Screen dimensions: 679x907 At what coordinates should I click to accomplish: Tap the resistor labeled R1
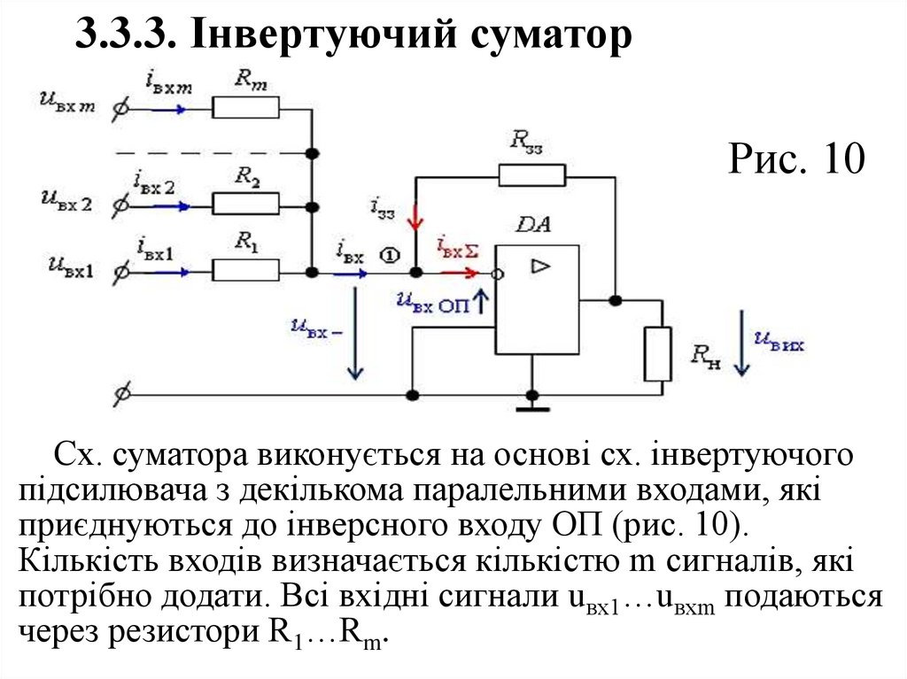pyautogui.click(x=245, y=270)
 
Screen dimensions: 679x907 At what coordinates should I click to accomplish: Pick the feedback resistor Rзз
pyautogui.click(x=531, y=175)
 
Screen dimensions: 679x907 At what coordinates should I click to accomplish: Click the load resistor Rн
pyautogui.click(x=657, y=353)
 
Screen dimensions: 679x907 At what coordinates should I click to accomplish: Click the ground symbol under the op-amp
pyautogui.click(x=532, y=406)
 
